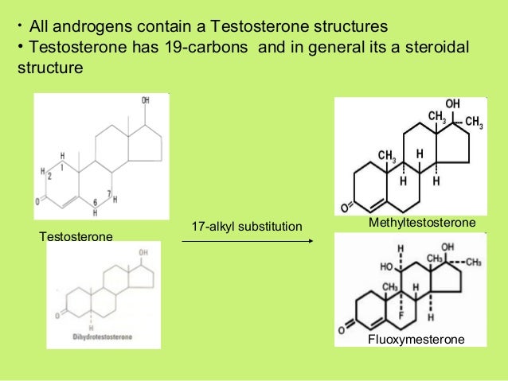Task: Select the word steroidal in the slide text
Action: (x=437, y=49)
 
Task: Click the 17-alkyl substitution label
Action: (x=247, y=228)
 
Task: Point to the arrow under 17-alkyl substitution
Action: (x=246, y=241)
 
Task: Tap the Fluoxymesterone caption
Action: (x=416, y=340)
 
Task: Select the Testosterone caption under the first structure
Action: (x=76, y=236)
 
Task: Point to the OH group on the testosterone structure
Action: (x=145, y=101)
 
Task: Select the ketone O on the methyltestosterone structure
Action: (x=346, y=208)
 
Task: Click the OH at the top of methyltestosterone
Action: (x=452, y=104)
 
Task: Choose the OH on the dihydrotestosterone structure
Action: (x=143, y=252)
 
